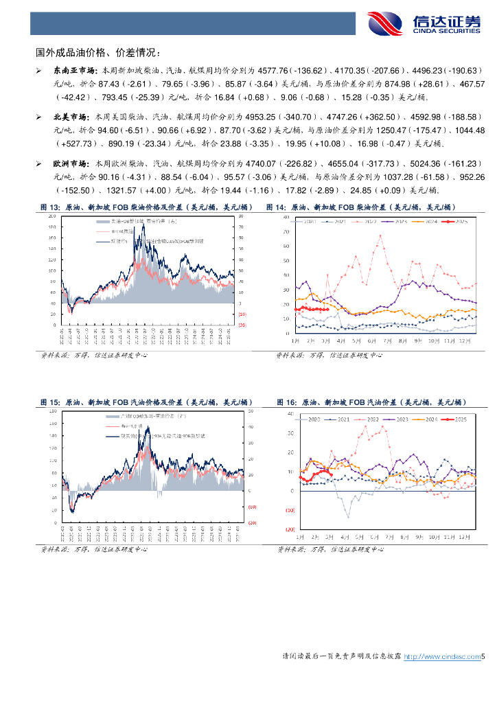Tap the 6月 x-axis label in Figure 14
coord(371,341)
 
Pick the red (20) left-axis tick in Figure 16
coord(289,530)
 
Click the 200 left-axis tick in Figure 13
coord(51,216)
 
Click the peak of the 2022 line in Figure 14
coord(379,235)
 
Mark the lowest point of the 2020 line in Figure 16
coord(349,517)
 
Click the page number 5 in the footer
coord(483,657)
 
